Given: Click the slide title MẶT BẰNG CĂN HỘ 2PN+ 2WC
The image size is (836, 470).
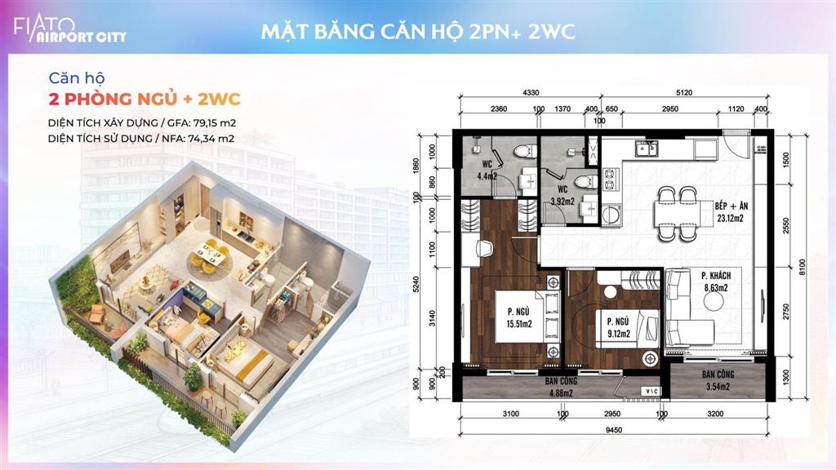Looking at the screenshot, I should [x=418, y=32].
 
